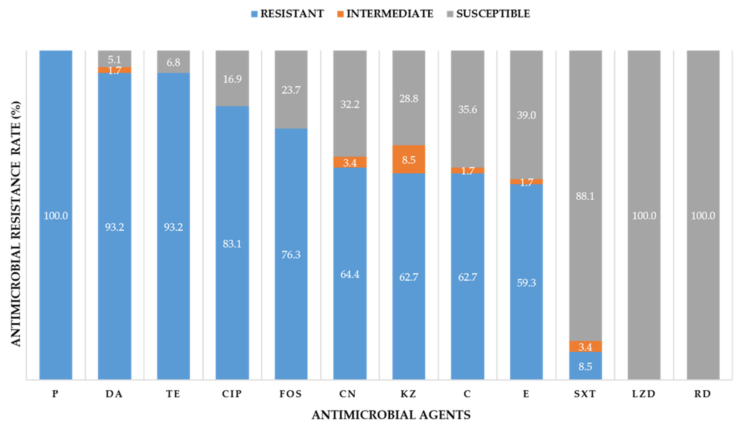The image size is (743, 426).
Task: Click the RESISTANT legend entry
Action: (x=287, y=14)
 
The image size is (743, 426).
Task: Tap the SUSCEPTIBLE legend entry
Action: (x=489, y=14)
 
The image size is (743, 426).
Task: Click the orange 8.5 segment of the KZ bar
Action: (x=409, y=159)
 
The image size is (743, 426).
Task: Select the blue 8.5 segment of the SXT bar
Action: (x=585, y=366)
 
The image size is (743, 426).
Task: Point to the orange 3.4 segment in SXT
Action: (x=585, y=346)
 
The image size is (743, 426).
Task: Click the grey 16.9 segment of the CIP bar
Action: (x=232, y=78)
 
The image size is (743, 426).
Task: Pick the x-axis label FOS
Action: (x=290, y=394)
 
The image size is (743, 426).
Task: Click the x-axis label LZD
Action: (x=644, y=394)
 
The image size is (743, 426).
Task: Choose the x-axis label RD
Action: (x=703, y=394)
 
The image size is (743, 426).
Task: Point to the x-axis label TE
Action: (x=173, y=394)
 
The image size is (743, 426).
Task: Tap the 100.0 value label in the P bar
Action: (x=56, y=216)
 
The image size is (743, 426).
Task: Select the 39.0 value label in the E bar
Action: (x=526, y=115)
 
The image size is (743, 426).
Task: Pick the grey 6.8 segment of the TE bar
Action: (x=173, y=62)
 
